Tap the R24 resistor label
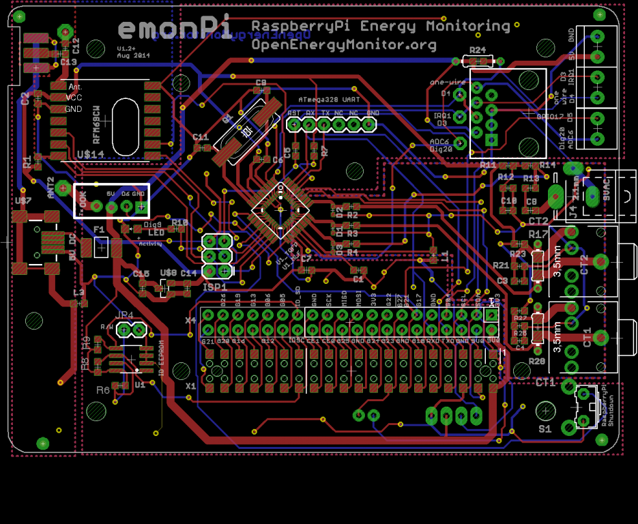[x=477, y=50]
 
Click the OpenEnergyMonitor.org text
[x=344, y=45]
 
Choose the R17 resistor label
[x=538, y=235]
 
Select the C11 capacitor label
[x=201, y=136]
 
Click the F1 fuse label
[x=99, y=230]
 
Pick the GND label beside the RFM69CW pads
[x=73, y=109]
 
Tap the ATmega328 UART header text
[x=330, y=100]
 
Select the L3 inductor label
[x=78, y=293]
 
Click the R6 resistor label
[x=103, y=390]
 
